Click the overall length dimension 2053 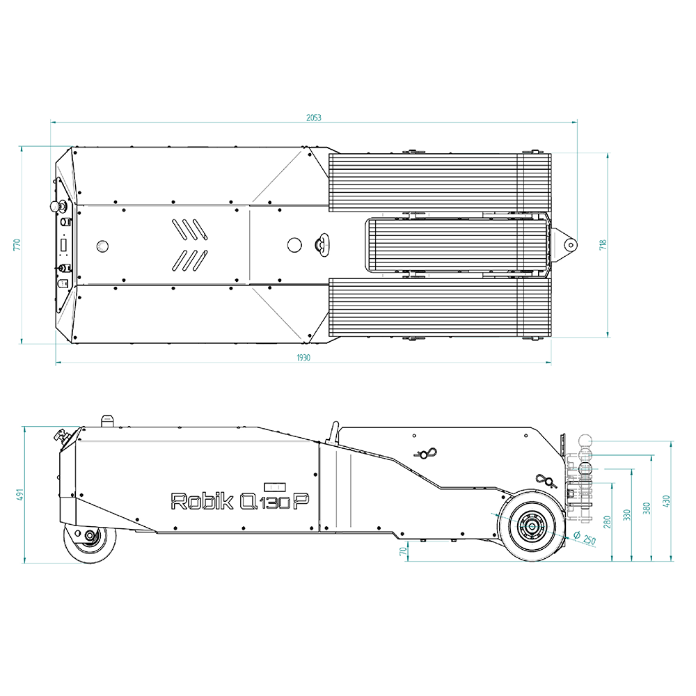point(313,118)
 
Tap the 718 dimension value point(603,244)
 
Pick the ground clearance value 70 point(402,551)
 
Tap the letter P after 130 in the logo point(301,500)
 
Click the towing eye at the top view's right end point(570,244)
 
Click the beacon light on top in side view point(107,420)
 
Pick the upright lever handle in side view point(333,432)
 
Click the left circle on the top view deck point(102,245)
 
